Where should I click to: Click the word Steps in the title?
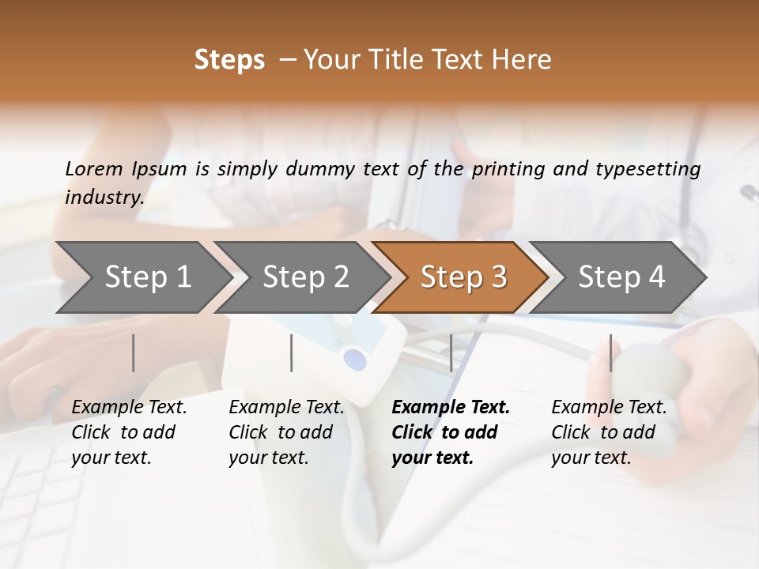click(229, 60)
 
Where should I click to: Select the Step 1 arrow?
click(142, 277)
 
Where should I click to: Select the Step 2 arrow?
click(304, 277)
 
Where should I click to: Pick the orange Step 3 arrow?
click(462, 277)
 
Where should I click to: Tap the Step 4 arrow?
click(620, 277)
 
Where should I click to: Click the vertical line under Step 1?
click(134, 352)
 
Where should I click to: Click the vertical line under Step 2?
click(292, 352)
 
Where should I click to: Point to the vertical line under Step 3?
click(451, 352)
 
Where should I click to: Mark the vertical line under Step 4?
click(610, 352)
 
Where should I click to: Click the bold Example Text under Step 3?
click(451, 408)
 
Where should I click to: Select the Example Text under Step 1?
click(129, 408)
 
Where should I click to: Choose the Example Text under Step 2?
click(286, 408)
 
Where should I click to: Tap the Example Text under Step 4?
click(609, 408)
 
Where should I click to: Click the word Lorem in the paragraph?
click(94, 169)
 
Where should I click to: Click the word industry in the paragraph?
click(104, 198)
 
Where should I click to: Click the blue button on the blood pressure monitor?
click(356, 360)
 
